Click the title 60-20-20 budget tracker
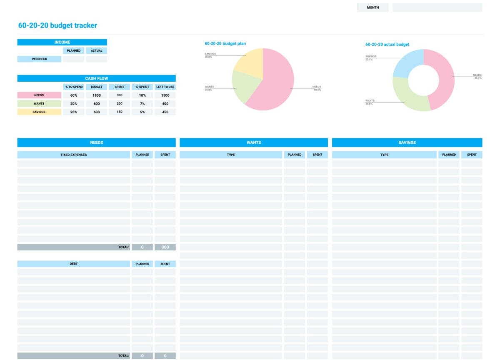[x=57, y=25]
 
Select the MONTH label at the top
[x=372, y=7]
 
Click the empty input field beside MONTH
[x=437, y=7]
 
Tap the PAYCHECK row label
[x=39, y=59]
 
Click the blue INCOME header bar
[x=62, y=42]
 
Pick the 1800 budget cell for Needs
[x=97, y=95]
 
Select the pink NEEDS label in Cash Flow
[x=39, y=95]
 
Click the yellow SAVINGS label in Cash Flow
[x=39, y=112]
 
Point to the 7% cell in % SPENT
[x=142, y=104]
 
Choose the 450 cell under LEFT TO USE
[x=165, y=112]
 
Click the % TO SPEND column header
[x=74, y=87]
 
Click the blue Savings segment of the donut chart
[x=406, y=62]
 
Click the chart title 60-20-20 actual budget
[x=387, y=45]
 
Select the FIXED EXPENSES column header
[x=74, y=155]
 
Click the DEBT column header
[x=74, y=264]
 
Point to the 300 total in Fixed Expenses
[x=165, y=247]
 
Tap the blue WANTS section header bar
[x=254, y=142]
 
